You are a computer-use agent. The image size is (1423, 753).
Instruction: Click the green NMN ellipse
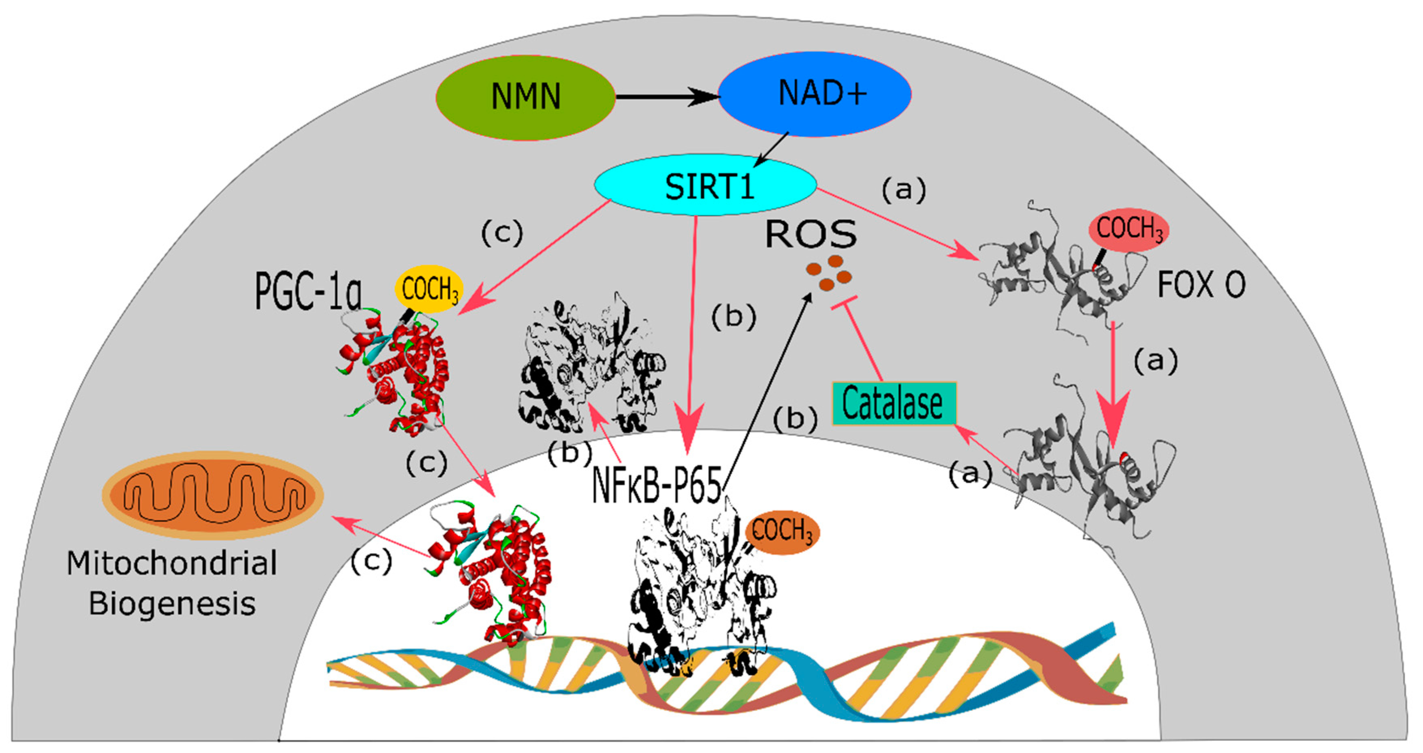pyautogui.click(x=525, y=97)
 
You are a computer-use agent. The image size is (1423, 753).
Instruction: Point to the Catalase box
pyautogui.click(x=893, y=404)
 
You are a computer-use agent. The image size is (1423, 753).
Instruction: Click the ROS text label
pyautogui.click(x=811, y=234)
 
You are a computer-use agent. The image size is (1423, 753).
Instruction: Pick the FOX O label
pyautogui.click(x=1201, y=285)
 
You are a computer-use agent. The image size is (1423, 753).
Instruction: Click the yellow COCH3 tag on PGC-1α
pyautogui.click(x=429, y=289)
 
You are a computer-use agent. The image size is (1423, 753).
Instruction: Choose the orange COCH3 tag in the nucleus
pyautogui.click(x=782, y=531)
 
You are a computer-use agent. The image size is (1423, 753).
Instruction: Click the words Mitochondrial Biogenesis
pyautogui.click(x=172, y=583)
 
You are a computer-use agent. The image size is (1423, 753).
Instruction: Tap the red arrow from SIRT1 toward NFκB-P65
pyautogui.click(x=691, y=331)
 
